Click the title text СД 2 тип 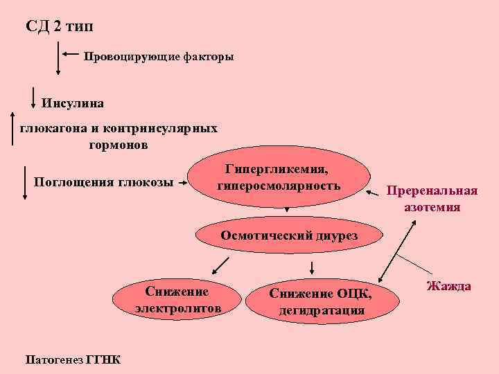(x=58, y=27)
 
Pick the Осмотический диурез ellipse (x=289, y=235)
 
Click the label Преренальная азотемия (x=432, y=199)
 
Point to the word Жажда (x=448, y=286)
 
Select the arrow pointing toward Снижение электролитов (x=220, y=265)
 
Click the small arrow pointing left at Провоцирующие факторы (x=69, y=53)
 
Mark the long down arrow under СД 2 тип (x=58, y=58)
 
